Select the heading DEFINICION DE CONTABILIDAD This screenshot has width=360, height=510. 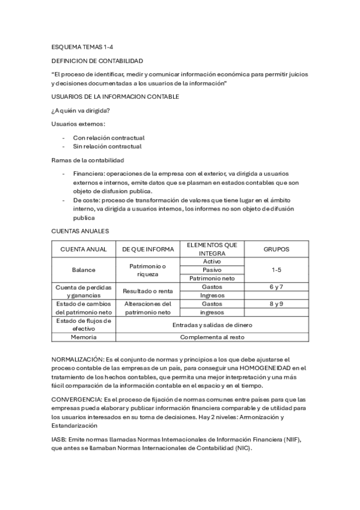pyautogui.click(x=97, y=61)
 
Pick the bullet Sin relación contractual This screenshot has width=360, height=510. pyautogui.click(x=108, y=146)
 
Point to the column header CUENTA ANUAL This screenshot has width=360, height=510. pyautogui.click(x=84, y=249)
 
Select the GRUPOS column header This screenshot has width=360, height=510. pyautogui.click(x=276, y=249)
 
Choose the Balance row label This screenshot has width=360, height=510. pyautogui.click(x=84, y=270)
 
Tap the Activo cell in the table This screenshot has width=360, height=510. pyautogui.click(x=212, y=262)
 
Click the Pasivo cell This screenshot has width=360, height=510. pyautogui.click(x=212, y=270)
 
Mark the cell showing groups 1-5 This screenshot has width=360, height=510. pyautogui.click(x=276, y=270)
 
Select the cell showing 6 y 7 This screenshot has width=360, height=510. pyautogui.click(x=276, y=287)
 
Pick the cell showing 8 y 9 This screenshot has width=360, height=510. pyautogui.click(x=276, y=304)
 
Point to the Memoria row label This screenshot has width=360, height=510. pyautogui.click(x=84, y=337)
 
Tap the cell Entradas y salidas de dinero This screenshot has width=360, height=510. pyautogui.click(x=212, y=325)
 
